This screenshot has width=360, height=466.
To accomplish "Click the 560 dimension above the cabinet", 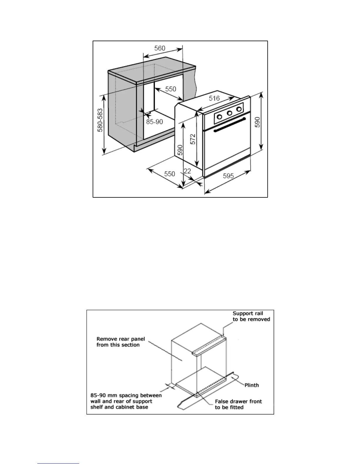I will click(160, 48).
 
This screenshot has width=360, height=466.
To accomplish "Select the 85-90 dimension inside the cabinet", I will click(154, 122).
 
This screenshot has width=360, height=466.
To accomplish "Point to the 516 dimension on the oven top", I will click(214, 99).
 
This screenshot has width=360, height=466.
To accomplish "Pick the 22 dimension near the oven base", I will click(187, 171).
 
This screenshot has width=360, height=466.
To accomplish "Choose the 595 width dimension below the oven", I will click(228, 176).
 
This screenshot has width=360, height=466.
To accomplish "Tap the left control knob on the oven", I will click(219, 116).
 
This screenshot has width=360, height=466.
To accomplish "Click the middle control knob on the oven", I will click(229, 113).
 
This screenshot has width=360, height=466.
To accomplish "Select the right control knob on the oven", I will click(239, 109).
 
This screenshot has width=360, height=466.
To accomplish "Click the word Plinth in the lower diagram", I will click(251, 385).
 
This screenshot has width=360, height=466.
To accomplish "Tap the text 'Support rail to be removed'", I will click(251, 316).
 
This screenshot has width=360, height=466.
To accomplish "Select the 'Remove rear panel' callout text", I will click(121, 342).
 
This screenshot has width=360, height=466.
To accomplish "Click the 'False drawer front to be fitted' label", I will click(238, 404).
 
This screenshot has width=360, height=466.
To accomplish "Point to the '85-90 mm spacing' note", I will click(126, 401).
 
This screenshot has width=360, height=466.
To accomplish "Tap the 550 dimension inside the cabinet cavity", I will click(170, 89).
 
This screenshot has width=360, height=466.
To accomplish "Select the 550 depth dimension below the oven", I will click(169, 174).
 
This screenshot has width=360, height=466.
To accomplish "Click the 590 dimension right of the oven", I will click(257, 122).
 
